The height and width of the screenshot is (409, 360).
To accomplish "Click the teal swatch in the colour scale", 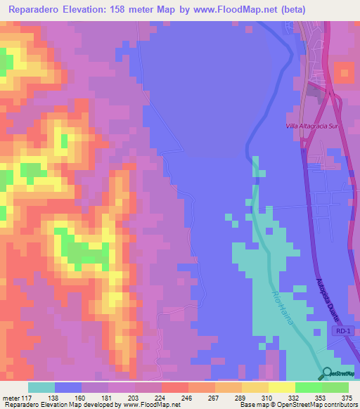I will pyautogui.click(x=41, y=387).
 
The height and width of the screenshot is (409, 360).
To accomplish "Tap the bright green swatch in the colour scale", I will pyautogui.click(x=309, y=387).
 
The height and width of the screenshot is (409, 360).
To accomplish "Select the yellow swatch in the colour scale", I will pyautogui.click(x=282, y=387).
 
